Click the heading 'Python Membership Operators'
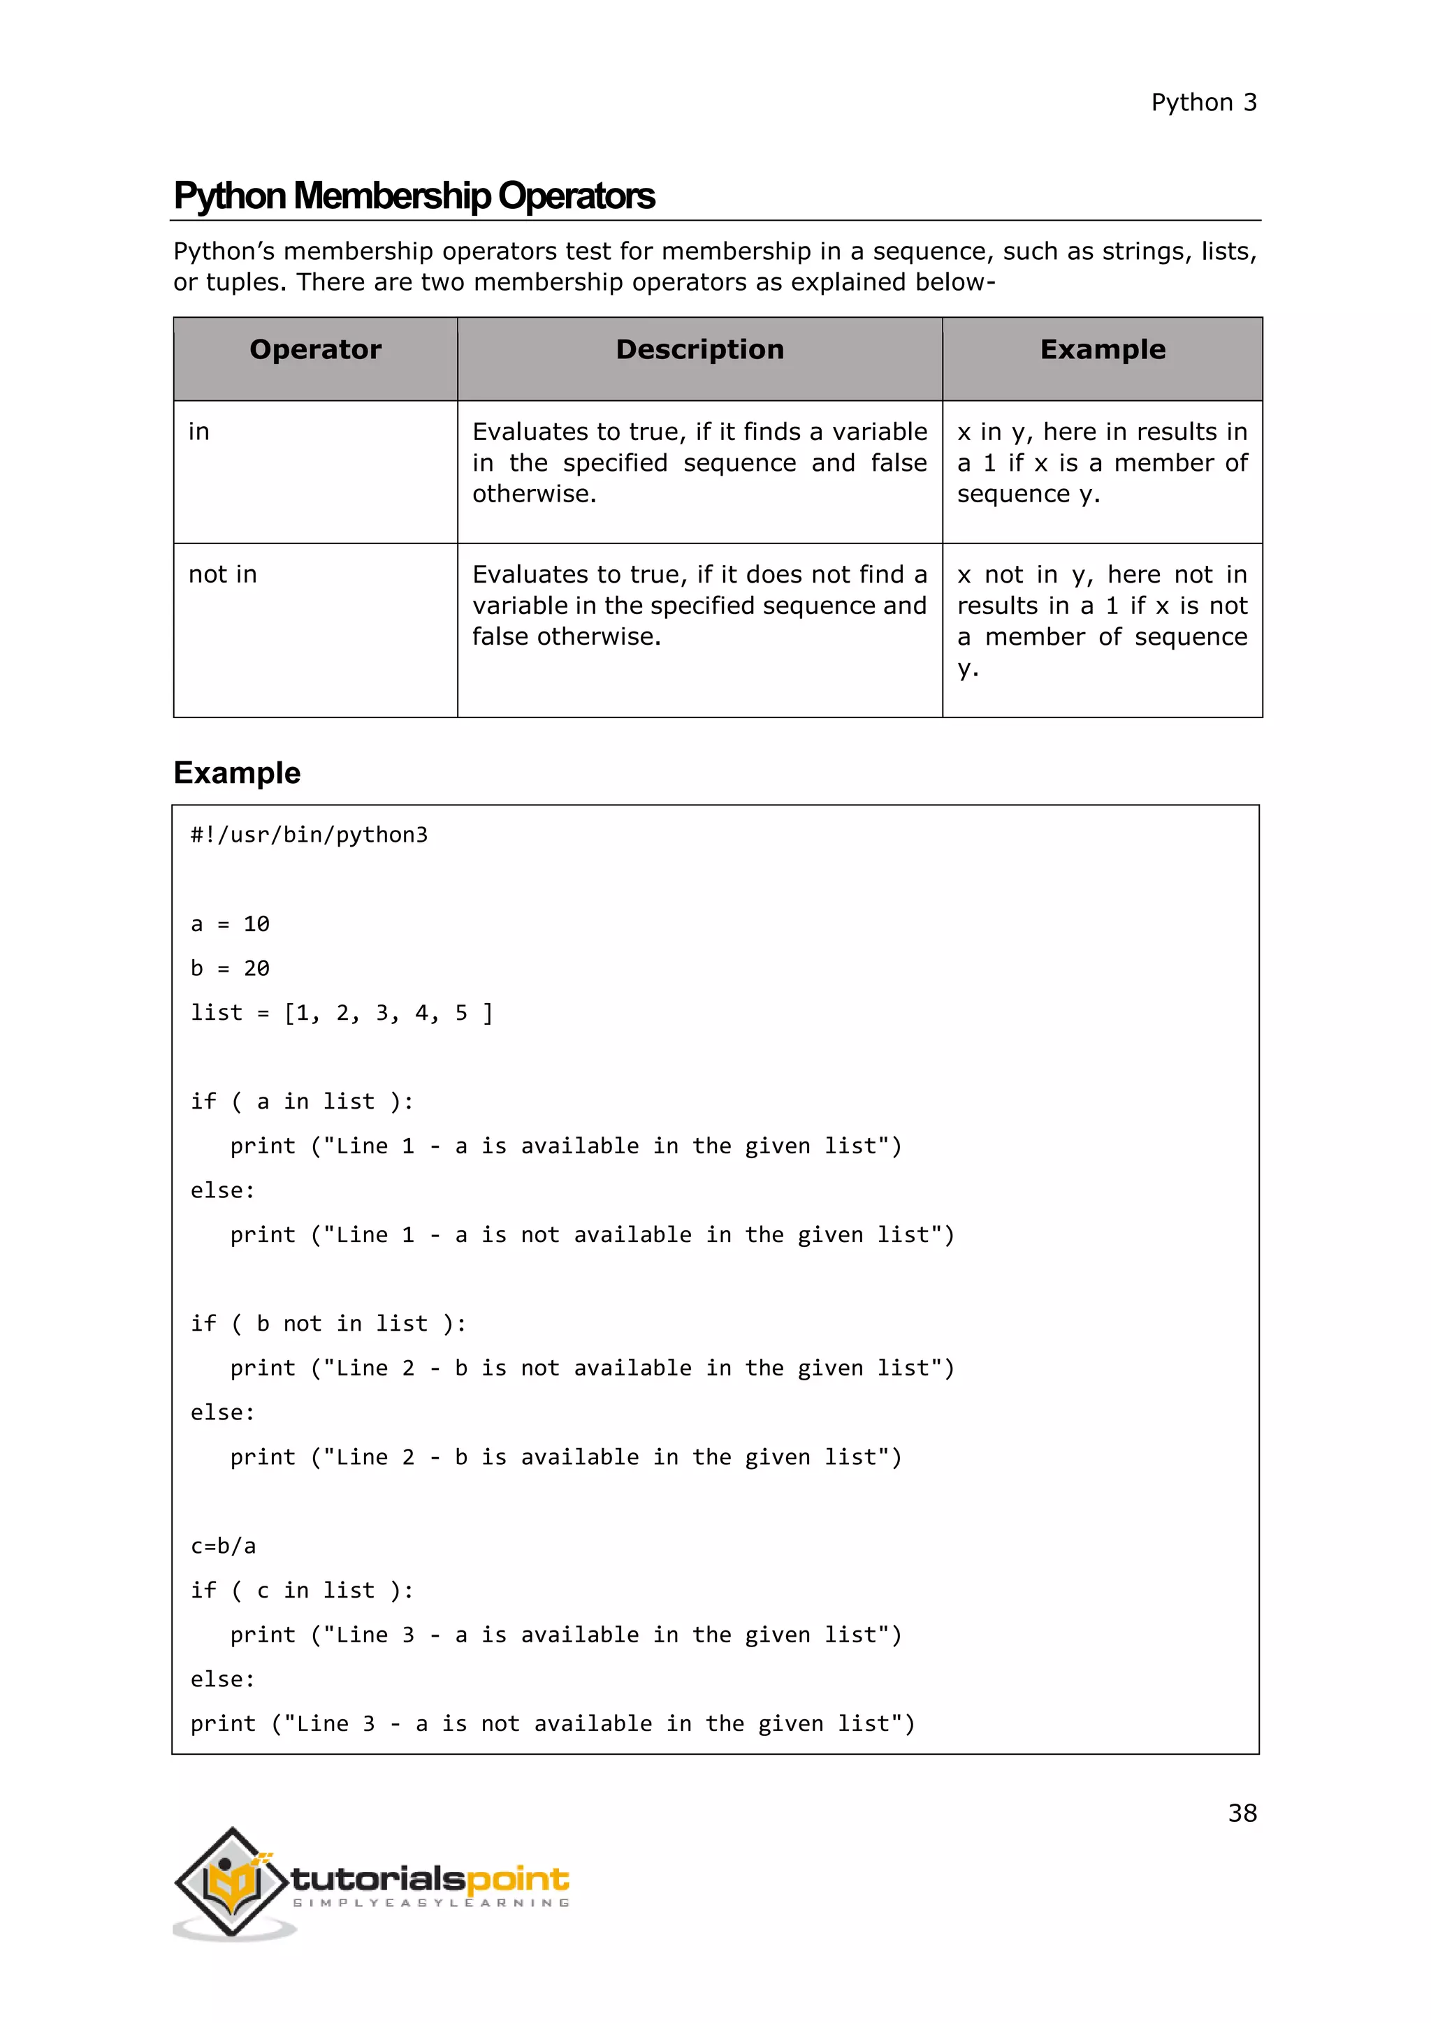coord(414,196)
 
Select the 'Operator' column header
coord(315,350)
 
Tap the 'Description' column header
coord(699,350)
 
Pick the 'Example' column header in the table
coord(1103,350)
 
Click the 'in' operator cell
coord(199,432)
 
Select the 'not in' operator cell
coord(223,574)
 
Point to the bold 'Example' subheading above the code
coord(237,773)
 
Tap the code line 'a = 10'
coord(230,924)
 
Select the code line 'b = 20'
coord(230,968)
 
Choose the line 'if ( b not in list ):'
coord(328,1324)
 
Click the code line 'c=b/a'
coord(223,1545)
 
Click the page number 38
coord(1242,1813)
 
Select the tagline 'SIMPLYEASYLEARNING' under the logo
coord(431,1903)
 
